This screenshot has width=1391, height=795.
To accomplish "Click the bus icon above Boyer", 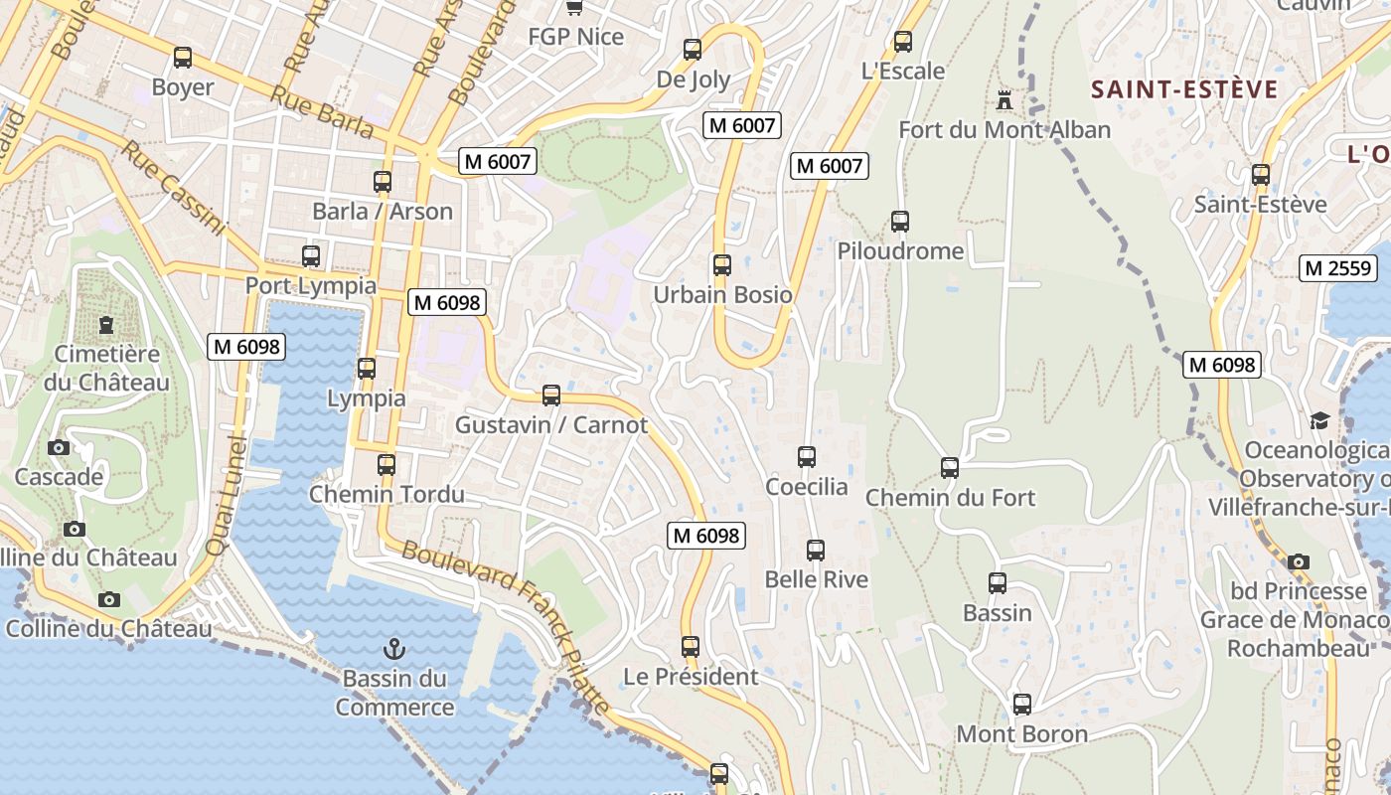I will [183, 58].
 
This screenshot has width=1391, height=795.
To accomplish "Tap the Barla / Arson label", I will [383, 212].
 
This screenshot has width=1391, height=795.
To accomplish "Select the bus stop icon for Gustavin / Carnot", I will [551, 396].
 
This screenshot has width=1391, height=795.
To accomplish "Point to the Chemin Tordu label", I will [386, 494].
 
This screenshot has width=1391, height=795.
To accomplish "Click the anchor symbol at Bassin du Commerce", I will [394, 650].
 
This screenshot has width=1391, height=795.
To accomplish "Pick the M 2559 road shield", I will [1338, 267].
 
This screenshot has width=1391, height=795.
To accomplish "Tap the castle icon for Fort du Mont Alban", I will [1005, 99].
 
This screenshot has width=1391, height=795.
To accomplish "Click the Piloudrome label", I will [900, 251].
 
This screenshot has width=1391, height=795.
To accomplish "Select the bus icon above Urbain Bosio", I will [722, 265].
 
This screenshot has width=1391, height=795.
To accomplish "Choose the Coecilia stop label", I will [807, 487].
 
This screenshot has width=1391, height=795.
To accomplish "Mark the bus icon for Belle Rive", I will [816, 550].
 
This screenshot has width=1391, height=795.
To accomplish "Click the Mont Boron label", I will [1022, 734].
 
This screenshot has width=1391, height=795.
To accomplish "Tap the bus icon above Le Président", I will [691, 647].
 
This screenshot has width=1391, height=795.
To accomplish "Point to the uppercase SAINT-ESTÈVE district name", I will [1184, 89].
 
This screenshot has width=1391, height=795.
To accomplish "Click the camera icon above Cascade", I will [59, 447].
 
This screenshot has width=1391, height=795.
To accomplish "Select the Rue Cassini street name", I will [174, 188].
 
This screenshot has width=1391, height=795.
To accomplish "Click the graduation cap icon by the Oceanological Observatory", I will [1319, 420].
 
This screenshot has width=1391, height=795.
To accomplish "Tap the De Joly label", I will [694, 79].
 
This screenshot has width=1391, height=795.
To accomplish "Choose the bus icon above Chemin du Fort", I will [950, 467].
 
